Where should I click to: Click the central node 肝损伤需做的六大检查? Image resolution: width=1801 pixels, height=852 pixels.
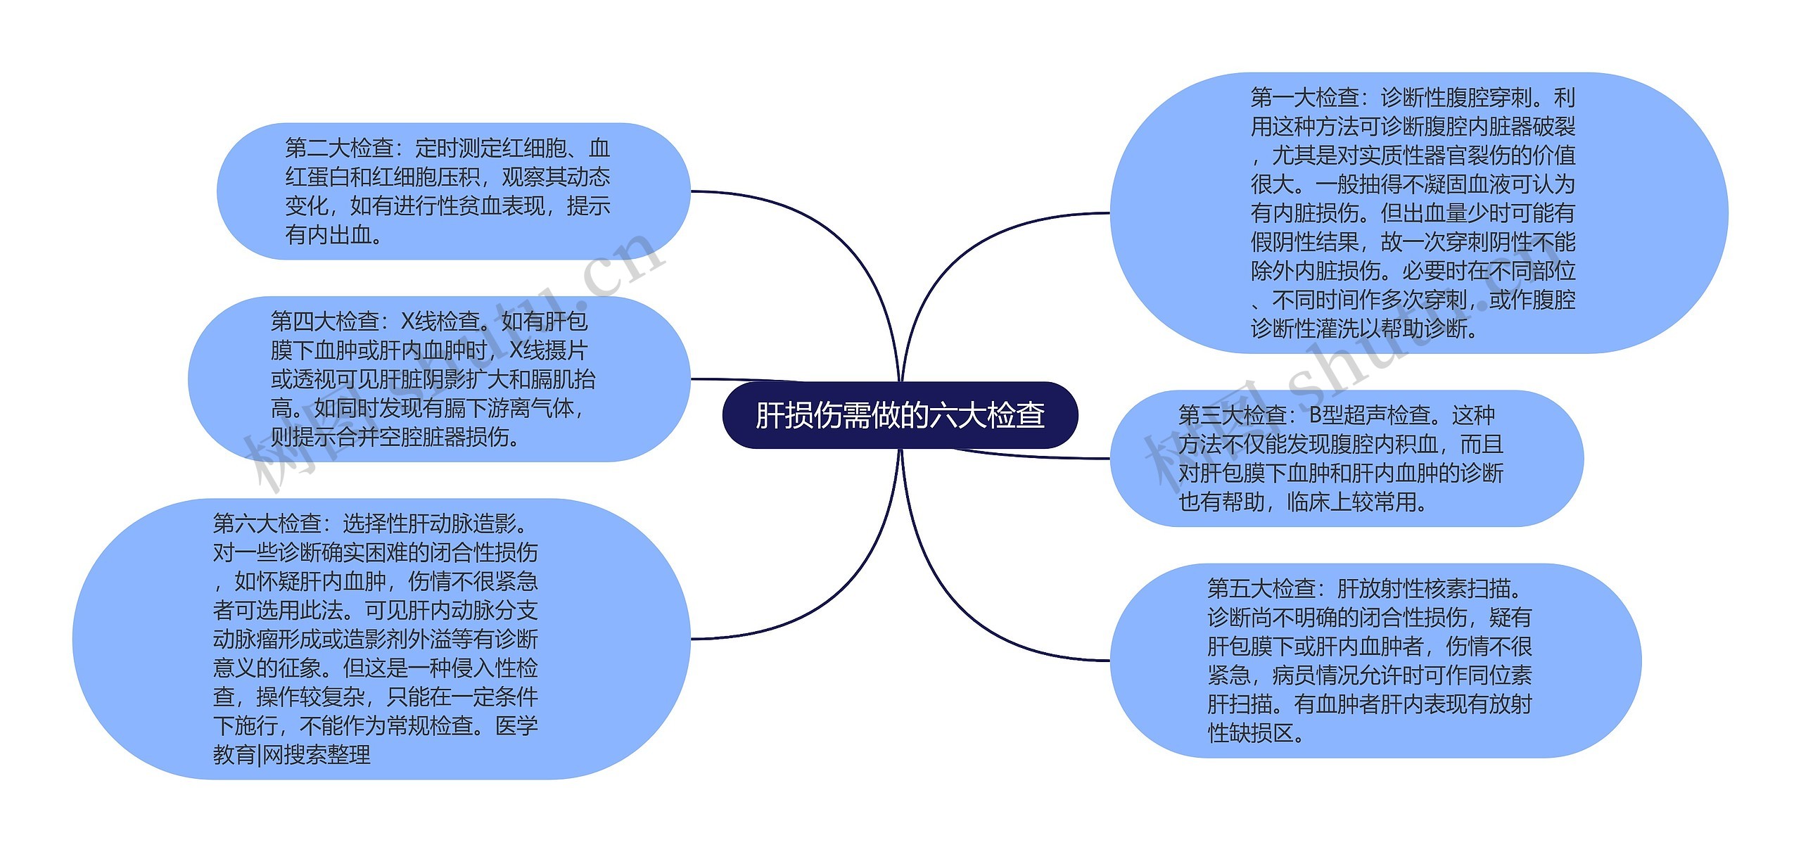click(x=900, y=415)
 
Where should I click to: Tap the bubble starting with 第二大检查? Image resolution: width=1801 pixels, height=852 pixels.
click(x=454, y=191)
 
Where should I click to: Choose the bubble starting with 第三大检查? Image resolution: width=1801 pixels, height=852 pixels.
click(x=1346, y=458)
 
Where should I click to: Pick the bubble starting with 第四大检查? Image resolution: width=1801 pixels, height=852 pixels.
click(x=439, y=379)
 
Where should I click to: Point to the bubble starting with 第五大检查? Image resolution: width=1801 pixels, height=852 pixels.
click(x=1375, y=661)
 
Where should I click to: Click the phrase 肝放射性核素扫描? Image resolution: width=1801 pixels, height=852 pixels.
click(x=1422, y=588)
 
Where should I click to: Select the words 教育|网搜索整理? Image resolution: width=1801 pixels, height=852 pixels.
click(x=291, y=756)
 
